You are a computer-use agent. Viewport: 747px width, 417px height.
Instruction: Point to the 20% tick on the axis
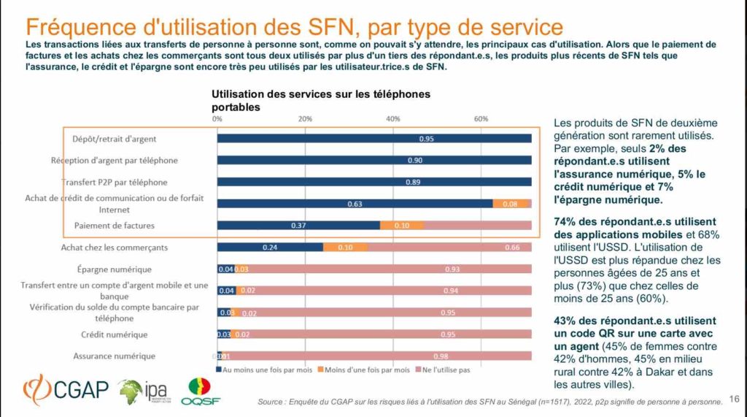pyautogui.click(x=305, y=119)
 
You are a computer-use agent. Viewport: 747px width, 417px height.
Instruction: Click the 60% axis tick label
pyautogui.click(x=481, y=119)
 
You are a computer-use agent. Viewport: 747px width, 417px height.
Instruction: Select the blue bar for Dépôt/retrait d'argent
pyautogui.click(x=373, y=139)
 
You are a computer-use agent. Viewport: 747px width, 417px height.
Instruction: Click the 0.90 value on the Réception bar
pyautogui.click(x=414, y=161)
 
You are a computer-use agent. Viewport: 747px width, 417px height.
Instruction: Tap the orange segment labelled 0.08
pyautogui.click(x=511, y=204)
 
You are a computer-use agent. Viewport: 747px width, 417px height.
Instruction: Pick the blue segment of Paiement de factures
pyautogui.click(x=298, y=226)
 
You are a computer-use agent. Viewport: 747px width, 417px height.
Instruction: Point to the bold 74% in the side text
pyautogui.click(x=565, y=221)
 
